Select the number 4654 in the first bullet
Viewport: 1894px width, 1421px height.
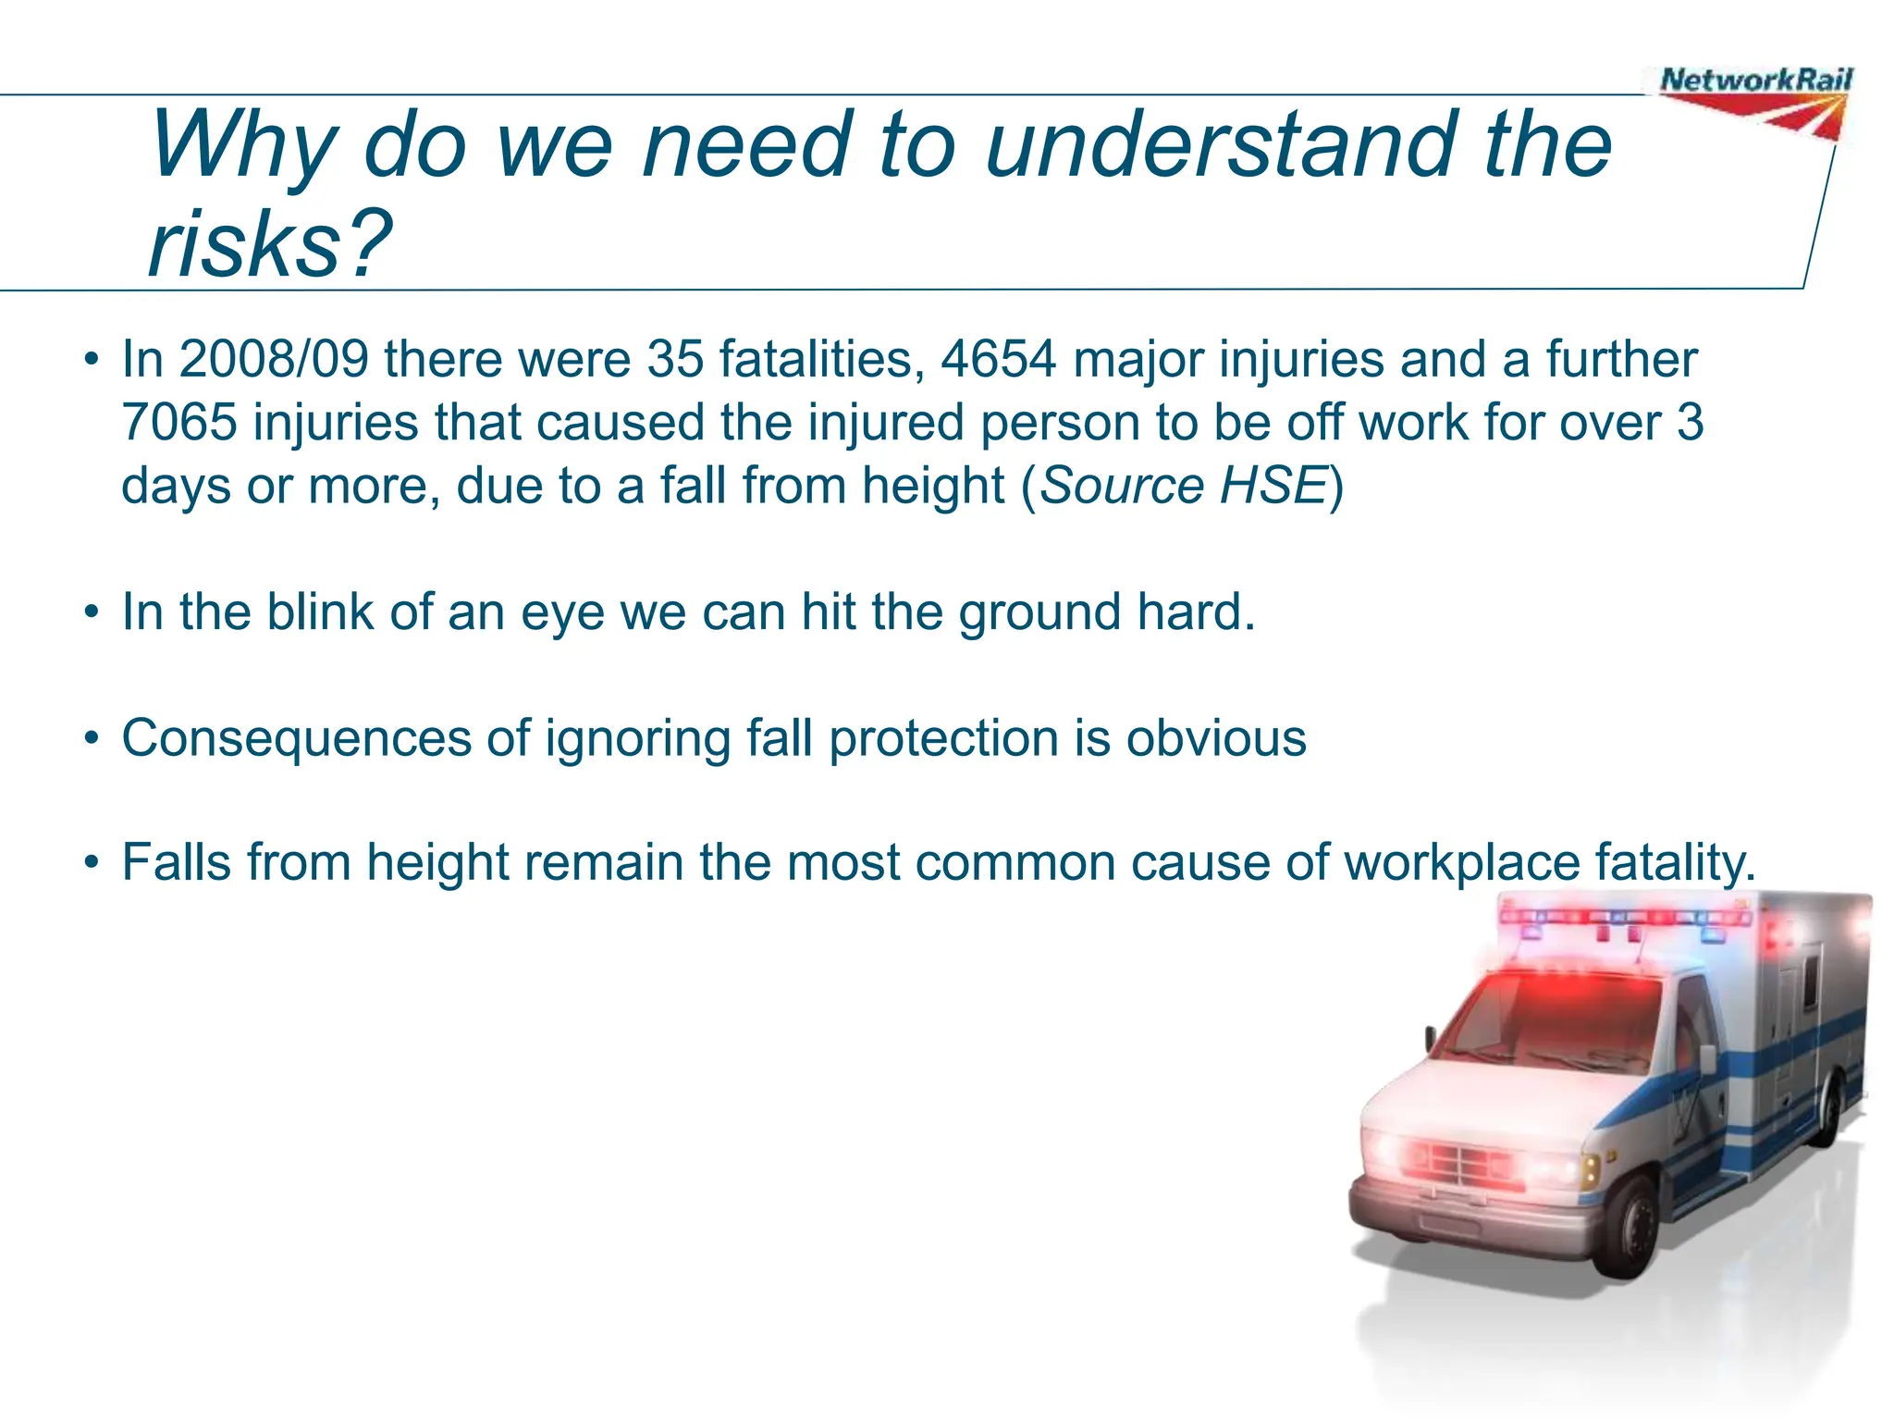coord(998,359)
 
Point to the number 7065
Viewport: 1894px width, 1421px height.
coord(179,423)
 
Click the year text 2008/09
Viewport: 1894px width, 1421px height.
coord(274,359)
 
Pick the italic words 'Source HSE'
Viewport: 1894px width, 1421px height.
coord(1184,486)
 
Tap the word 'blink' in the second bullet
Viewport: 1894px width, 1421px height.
coord(320,612)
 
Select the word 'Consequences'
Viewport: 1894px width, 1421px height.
coord(297,739)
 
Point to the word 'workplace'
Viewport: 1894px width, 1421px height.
coord(1462,863)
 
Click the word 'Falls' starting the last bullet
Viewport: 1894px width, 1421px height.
coord(176,863)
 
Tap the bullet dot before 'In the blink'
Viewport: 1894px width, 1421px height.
coord(91,612)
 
